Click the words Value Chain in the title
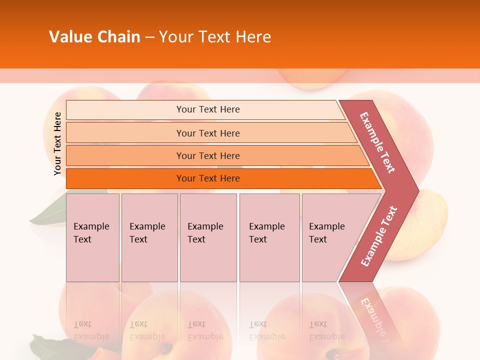(94, 36)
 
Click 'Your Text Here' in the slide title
(215, 36)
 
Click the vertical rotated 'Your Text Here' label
(57, 143)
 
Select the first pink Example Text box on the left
(92, 237)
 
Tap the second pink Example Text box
(149, 237)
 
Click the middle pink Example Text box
(208, 237)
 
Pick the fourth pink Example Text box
(269, 237)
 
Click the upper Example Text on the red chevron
(377, 142)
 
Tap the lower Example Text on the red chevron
(378, 236)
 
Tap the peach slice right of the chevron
(430, 225)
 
